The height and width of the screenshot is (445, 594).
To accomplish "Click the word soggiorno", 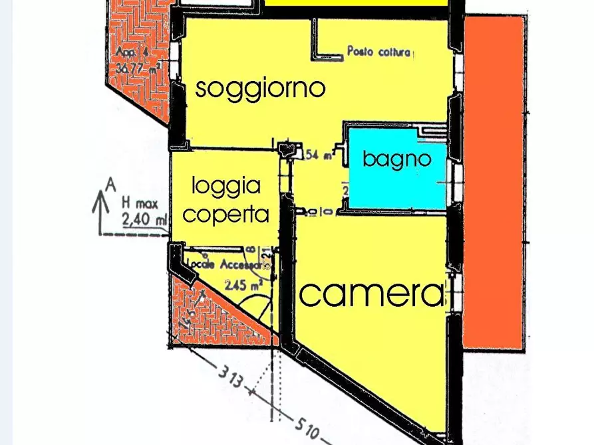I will (260, 88).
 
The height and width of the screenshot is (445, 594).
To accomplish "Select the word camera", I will (371, 293).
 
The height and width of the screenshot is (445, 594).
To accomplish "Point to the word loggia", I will (226, 187).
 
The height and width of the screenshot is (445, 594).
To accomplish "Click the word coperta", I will (226, 215).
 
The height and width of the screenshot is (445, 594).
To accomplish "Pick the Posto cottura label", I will (379, 51).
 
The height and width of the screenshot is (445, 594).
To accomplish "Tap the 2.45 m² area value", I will (243, 286).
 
